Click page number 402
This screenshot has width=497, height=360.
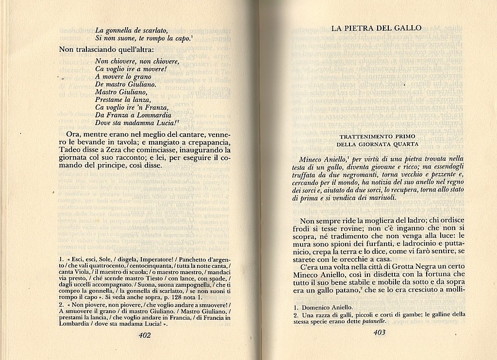[145, 335]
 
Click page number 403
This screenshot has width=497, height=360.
[379, 332]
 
